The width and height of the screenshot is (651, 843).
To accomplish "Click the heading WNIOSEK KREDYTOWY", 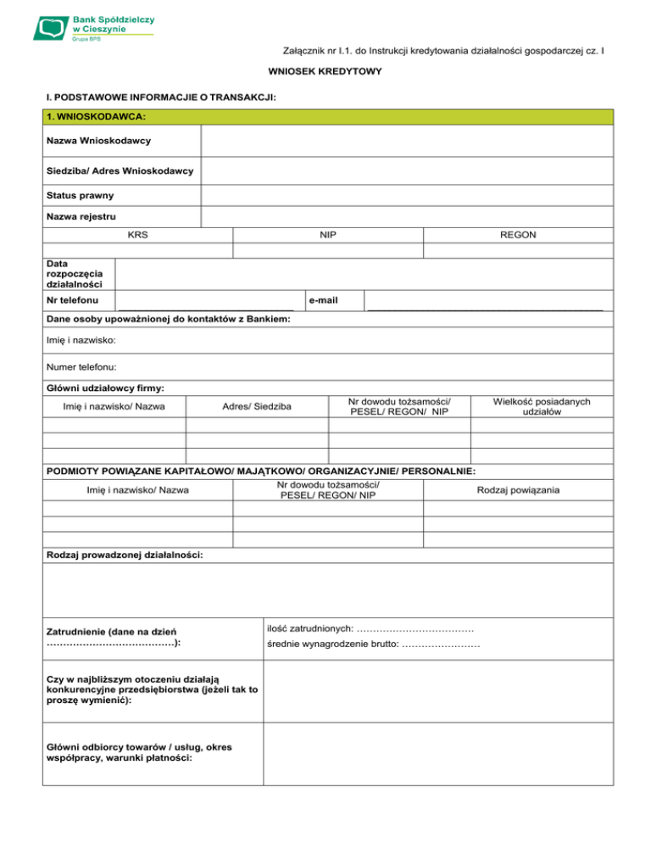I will (x=325, y=71).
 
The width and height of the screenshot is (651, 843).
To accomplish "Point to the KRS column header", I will (x=137, y=234).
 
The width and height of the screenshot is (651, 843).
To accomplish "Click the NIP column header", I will (x=327, y=234).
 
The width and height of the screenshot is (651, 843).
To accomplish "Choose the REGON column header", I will (x=517, y=234).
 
